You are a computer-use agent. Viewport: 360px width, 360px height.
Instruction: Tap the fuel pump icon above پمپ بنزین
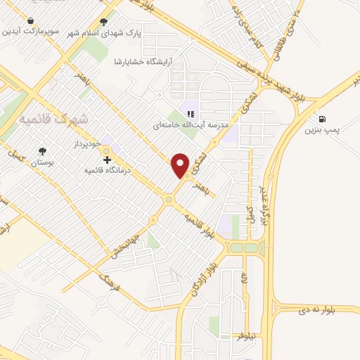322,118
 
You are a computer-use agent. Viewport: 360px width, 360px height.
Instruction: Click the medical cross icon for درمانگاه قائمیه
107,160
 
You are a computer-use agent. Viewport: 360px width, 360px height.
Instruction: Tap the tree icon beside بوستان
44,150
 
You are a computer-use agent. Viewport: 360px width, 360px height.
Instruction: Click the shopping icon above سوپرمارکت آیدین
30,21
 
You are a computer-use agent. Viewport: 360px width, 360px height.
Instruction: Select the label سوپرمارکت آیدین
30,32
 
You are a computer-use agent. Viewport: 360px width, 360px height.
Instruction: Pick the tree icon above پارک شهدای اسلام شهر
104,21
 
